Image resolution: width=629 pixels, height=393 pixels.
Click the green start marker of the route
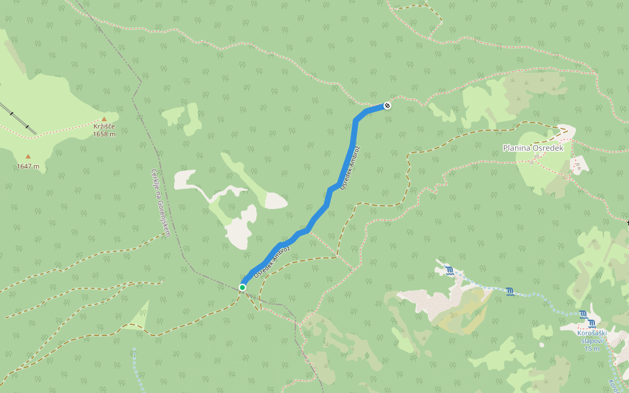click(242, 288)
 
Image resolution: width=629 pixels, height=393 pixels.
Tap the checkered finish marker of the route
click(387, 105)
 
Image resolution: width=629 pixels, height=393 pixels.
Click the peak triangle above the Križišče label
click(104, 119)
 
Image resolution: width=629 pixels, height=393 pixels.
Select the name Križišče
click(104, 127)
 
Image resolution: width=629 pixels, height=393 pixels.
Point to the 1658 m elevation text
click(104, 134)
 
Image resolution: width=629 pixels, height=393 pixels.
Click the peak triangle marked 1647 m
click(28, 157)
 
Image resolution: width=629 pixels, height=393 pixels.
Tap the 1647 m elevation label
click(28, 166)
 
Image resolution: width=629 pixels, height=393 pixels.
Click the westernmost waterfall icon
click(449, 270)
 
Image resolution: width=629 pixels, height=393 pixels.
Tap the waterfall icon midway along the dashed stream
click(510, 291)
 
